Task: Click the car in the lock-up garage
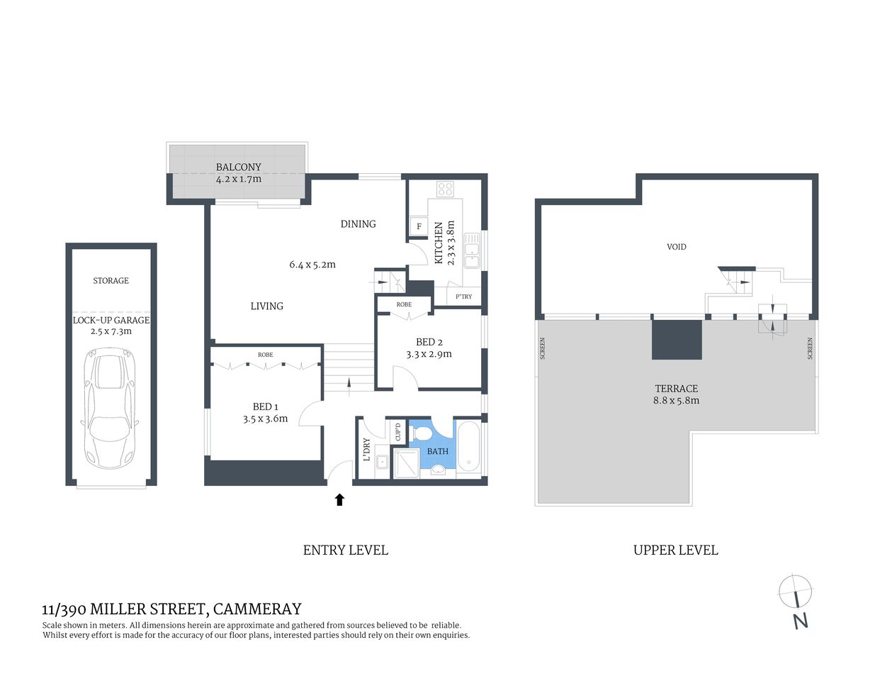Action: [x=110, y=408]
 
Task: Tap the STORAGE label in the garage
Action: [x=111, y=281]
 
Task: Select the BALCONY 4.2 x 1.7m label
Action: [x=239, y=173]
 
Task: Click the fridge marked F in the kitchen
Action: [x=419, y=227]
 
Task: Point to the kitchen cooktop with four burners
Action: [x=446, y=189]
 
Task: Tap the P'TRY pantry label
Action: [x=463, y=297]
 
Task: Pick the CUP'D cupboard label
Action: [x=398, y=432]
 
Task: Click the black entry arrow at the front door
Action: [x=339, y=499]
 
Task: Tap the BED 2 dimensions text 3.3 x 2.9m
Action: [x=429, y=354]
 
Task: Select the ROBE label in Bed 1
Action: [x=266, y=355]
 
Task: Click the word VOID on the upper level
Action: [x=677, y=247]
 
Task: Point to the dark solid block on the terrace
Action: [x=677, y=339]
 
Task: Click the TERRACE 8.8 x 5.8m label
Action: [x=677, y=394]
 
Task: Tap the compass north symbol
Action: [x=796, y=592]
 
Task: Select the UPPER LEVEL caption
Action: [x=676, y=550]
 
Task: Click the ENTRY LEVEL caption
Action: [x=346, y=550]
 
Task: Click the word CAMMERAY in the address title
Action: [x=257, y=609]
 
